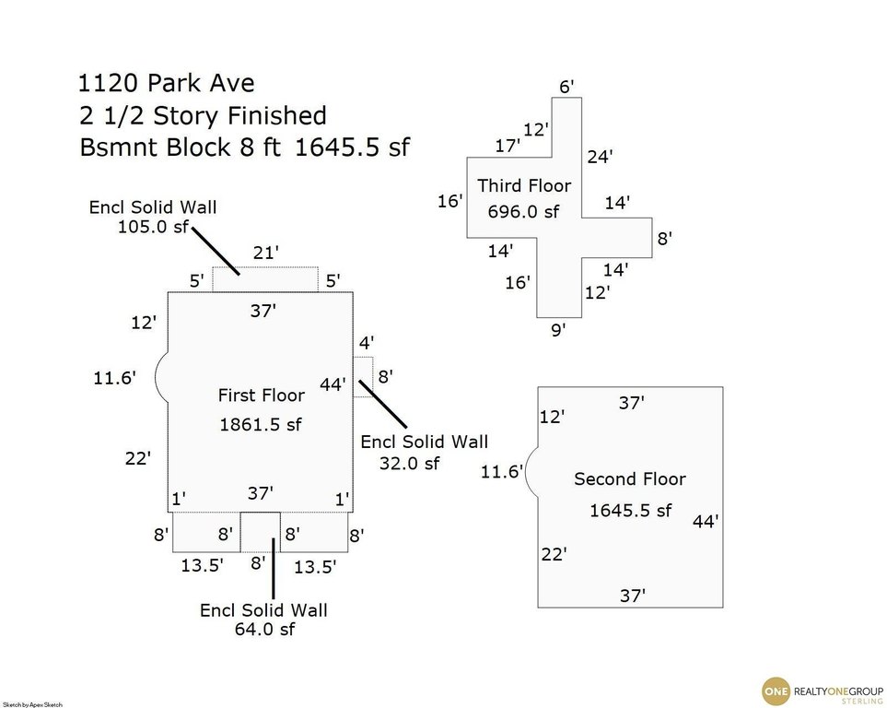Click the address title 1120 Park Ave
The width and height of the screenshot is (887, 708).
coord(166,83)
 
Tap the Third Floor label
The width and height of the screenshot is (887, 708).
coord(524,186)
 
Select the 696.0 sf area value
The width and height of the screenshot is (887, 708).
coord(523,212)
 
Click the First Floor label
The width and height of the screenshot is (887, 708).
coord(262,395)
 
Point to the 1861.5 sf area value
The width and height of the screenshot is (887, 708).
coord(261,424)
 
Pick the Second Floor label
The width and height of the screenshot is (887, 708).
coord(630,479)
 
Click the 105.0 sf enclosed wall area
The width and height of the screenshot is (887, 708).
coord(152,227)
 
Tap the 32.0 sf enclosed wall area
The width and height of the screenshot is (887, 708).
coord(409,464)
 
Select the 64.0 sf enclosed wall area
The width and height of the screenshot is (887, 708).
coord(264,630)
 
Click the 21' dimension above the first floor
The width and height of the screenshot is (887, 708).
coord(266,253)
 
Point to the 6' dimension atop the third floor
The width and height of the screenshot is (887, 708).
coord(566,87)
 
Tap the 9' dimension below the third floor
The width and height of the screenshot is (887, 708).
coord(558,330)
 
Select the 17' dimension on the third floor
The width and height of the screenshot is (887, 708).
coord(508,146)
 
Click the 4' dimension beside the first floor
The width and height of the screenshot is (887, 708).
coord(367,343)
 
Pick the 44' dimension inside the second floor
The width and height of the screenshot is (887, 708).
coord(706,521)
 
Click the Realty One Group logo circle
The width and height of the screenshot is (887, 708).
coord(776,691)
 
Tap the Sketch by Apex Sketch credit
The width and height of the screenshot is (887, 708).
coord(31,704)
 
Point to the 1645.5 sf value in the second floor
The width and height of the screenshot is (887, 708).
coord(631,511)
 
